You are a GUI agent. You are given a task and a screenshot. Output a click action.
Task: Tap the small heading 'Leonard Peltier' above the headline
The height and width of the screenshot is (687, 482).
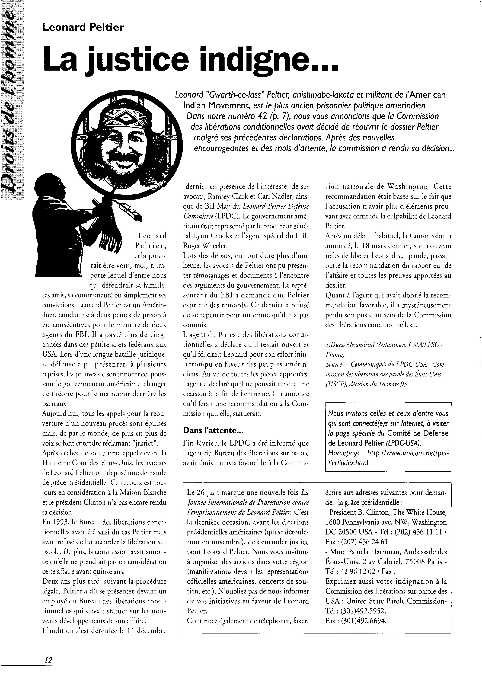pos(83,28)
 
